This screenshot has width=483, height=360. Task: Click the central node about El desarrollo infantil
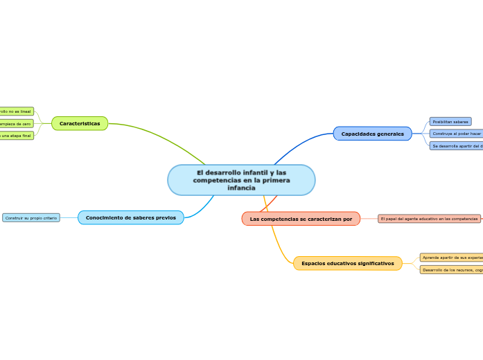(x=241, y=180)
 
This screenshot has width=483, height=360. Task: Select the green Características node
(x=80, y=123)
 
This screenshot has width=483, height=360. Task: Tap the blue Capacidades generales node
(x=372, y=134)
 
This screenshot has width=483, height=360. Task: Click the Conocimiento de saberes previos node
(x=131, y=217)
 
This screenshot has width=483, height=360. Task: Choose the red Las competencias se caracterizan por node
(x=301, y=219)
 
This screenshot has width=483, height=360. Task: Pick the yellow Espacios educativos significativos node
(x=347, y=263)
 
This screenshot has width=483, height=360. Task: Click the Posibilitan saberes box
(x=450, y=121)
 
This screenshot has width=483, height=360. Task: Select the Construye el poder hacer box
(x=456, y=133)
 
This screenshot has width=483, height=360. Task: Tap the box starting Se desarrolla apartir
(x=457, y=145)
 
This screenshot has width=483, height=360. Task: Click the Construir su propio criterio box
(x=31, y=217)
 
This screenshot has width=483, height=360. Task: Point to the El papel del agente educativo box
(x=429, y=219)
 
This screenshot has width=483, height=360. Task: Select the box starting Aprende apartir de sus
(x=452, y=257)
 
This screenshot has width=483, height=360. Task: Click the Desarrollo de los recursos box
(x=452, y=269)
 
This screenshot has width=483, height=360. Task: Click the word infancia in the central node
(x=241, y=188)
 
